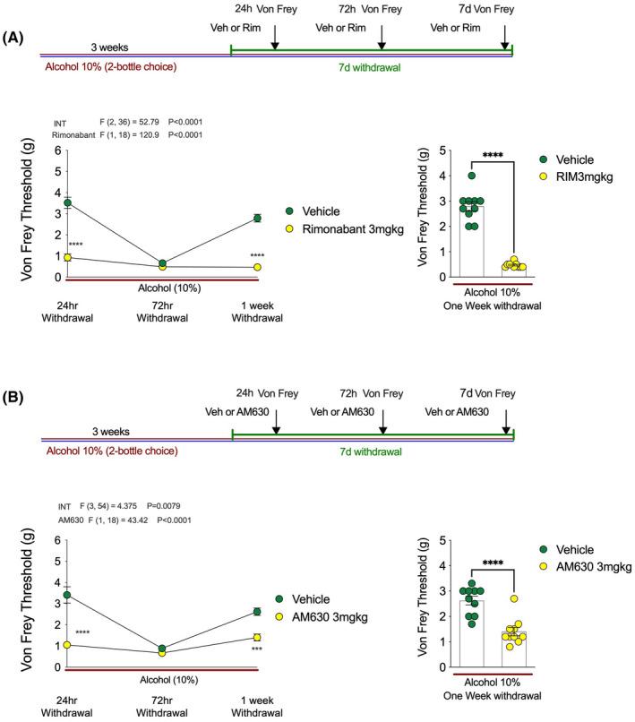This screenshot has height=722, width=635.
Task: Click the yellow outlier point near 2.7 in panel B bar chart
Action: tap(514, 598)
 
